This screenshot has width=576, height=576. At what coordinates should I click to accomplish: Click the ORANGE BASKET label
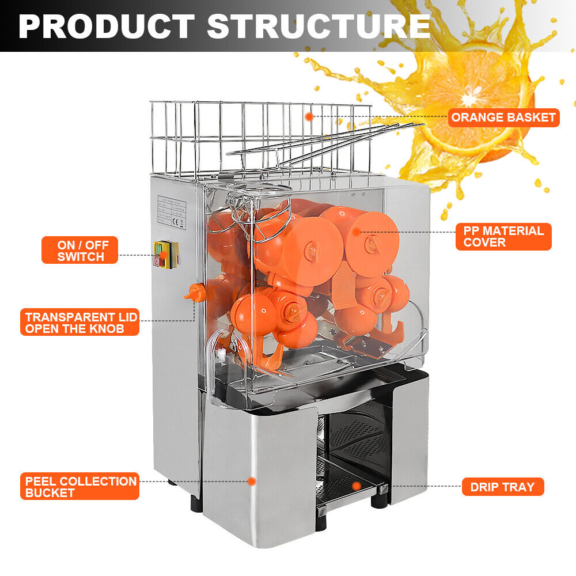click(x=503, y=118)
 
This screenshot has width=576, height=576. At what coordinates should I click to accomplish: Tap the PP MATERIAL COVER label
click(x=503, y=236)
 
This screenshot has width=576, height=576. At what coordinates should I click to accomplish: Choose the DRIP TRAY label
click(x=502, y=487)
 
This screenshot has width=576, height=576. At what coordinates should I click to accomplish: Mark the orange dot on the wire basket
click(x=309, y=117)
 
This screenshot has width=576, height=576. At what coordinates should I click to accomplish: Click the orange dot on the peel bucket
click(x=252, y=481)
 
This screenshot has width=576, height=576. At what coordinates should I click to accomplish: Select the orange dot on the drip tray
click(x=357, y=486)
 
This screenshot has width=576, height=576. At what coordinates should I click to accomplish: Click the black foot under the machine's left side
click(x=196, y=503)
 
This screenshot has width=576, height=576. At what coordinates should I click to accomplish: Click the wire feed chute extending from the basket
click(x=323, y=141)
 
